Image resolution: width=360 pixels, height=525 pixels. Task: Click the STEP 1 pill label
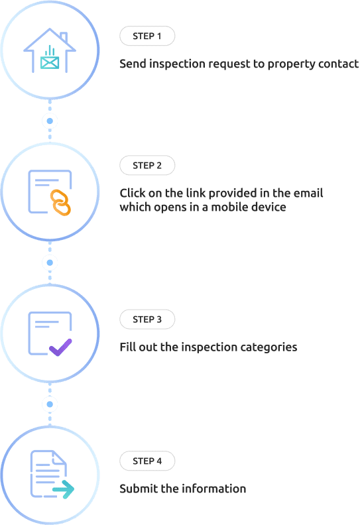point(147,36)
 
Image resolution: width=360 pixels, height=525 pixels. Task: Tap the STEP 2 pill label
point(147,166)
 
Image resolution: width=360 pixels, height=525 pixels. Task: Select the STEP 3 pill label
point(147,320)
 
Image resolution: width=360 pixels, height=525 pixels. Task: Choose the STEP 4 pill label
point(147,461)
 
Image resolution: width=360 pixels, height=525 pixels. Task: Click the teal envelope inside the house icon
point(50,62)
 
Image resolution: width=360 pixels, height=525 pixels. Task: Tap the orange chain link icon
point(60,203)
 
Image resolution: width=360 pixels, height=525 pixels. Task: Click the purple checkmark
point(60,347)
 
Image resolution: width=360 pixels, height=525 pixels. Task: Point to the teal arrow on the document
point(63,489)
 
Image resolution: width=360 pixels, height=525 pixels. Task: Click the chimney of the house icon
point(64,38)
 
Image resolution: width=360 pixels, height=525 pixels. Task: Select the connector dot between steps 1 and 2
point(50,121)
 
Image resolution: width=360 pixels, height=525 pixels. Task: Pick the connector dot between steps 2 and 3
point(50,262)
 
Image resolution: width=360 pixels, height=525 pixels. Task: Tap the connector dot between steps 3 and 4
point(50,404)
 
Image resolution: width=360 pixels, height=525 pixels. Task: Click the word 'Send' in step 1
point(133,64)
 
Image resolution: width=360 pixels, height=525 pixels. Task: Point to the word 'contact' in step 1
point(338,64)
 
